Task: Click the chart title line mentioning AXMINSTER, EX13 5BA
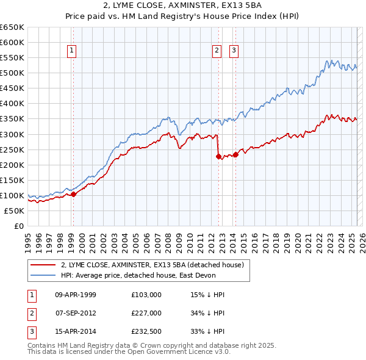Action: [183, 6]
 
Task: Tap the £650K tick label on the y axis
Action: [12, 27]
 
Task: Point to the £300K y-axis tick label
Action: [12, 134]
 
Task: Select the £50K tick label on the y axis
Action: [15, 211]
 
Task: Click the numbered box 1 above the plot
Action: [73, 51]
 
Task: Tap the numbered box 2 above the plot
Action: [217, 51]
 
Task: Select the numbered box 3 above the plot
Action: [234, 51]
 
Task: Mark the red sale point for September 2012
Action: [218, 156]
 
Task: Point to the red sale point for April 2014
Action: [235, 154]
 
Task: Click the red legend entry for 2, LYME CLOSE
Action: [152, 265]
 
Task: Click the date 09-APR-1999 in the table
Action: [76, 295]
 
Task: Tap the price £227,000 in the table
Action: [146, 314]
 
